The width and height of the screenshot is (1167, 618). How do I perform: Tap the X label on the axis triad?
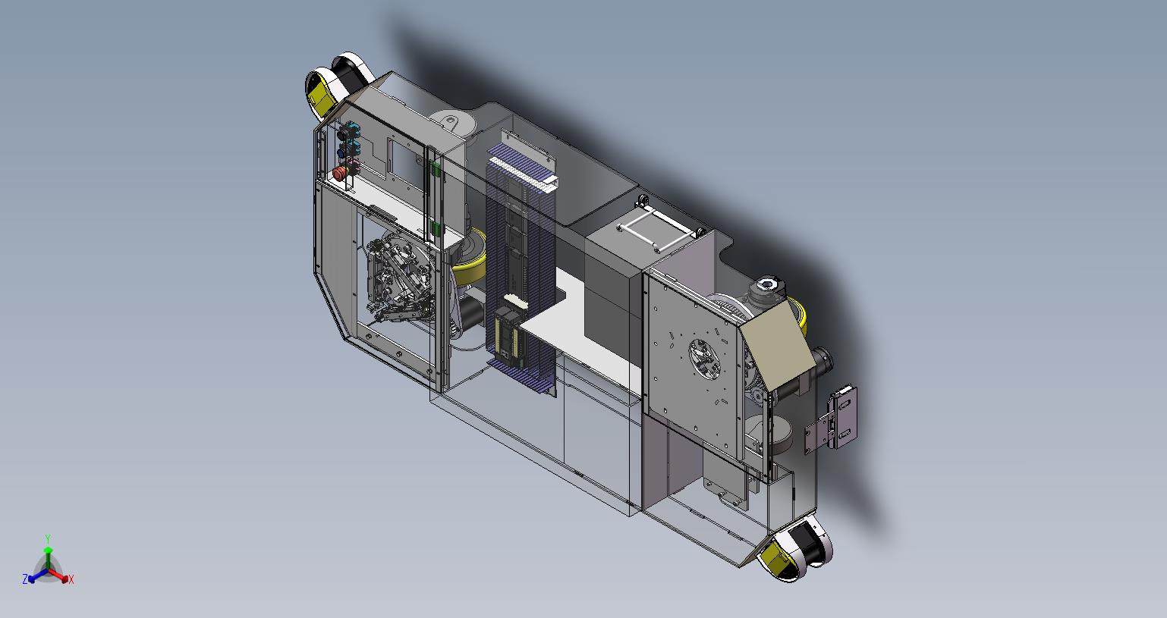(x=71, y=579)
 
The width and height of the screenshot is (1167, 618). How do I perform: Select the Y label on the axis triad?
(x=47, y=538)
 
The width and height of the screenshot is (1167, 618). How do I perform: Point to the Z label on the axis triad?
(x=25, y=579)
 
